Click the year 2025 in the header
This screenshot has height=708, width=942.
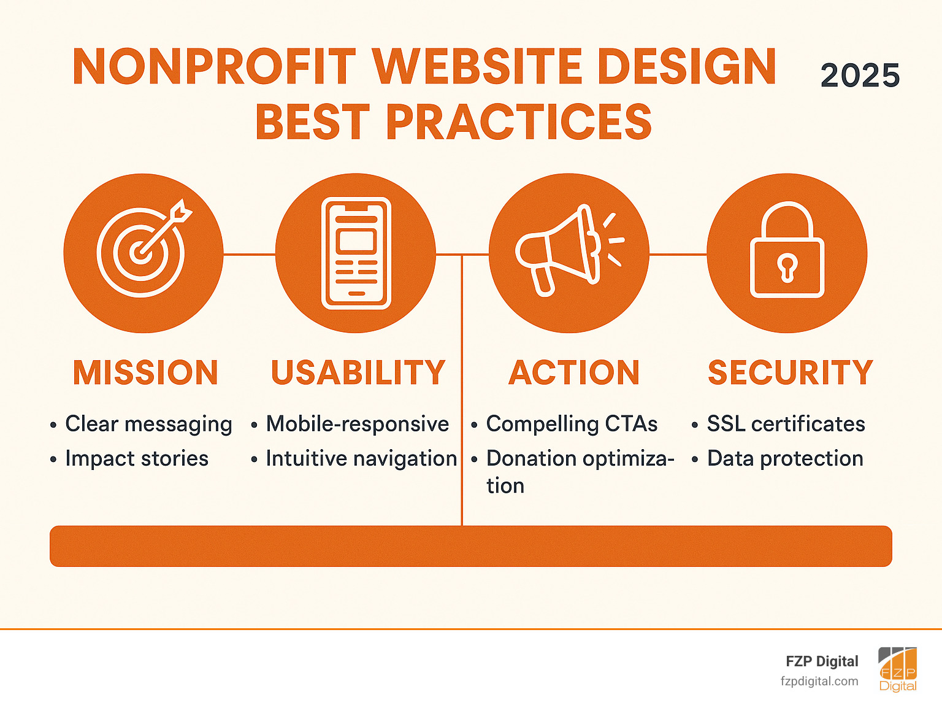coord(860,76)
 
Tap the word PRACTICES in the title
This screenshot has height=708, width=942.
coord(518,121)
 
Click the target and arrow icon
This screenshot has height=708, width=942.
coord(144,253)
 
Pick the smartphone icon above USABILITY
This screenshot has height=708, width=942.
coord(356,253)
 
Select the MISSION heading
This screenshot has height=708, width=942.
coord(145,373)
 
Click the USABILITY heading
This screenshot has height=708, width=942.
coord(358,373)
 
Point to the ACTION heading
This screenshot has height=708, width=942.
coord(574,373)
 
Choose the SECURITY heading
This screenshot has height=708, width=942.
coord(791,373)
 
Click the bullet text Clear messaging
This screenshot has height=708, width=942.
coord(148,424)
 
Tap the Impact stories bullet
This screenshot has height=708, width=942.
coord(137,458)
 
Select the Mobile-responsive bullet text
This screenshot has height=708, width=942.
coord(357,424)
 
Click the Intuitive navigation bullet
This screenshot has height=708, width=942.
coord(361,458)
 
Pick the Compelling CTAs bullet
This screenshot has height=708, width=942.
coord(572,424)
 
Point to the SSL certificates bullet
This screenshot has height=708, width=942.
coord(786,424)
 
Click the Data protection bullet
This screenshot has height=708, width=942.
coord(785,458)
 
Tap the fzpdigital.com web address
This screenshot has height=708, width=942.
coord(819,681)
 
